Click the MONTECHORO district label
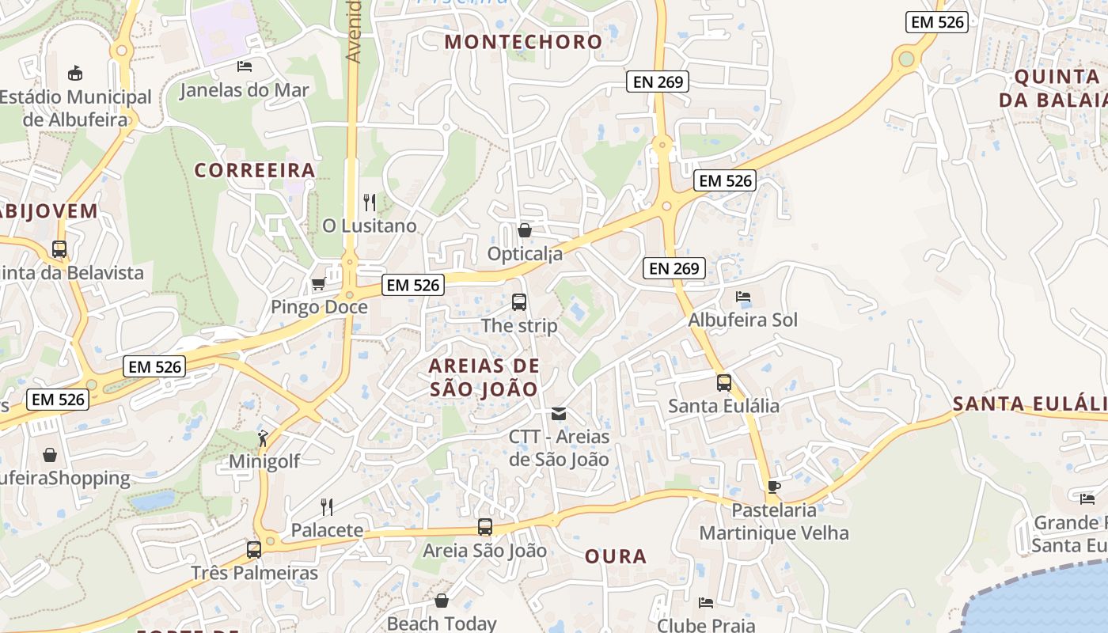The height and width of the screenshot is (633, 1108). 523,42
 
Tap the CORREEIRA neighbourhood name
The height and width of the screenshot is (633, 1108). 255,170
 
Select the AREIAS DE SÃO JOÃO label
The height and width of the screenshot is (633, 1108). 484,377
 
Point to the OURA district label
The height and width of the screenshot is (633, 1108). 616,556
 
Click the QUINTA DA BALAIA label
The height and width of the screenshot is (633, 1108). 1053,88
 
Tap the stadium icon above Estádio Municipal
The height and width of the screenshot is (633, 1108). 75,74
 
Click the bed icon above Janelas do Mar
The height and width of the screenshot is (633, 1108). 245,66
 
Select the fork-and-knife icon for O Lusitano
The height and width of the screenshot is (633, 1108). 369,203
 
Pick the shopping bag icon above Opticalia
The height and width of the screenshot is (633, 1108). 524,230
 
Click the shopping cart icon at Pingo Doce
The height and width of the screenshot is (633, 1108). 318,283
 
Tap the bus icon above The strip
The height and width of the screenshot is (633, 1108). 519,301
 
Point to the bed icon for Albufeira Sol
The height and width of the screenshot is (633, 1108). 743,297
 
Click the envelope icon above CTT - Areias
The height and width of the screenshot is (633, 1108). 559,414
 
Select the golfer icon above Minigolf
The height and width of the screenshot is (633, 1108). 264,438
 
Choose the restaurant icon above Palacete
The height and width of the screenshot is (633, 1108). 326,506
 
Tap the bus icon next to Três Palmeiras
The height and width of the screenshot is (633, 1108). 254,549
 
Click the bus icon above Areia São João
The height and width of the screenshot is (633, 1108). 485,526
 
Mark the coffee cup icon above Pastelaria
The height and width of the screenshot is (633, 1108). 773,487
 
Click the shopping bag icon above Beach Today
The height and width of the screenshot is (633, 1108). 442,601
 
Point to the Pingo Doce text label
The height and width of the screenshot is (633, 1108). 319,307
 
